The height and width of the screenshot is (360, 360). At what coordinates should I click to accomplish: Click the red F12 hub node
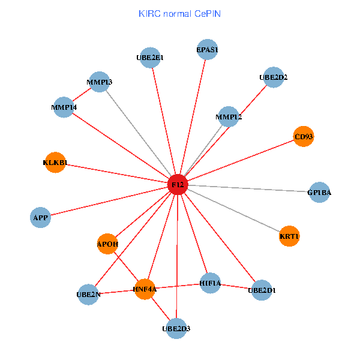pos(178,184)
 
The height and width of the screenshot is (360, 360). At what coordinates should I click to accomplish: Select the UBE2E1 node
pos(149,58)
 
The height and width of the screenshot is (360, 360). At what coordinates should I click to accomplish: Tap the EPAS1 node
pos(207,50)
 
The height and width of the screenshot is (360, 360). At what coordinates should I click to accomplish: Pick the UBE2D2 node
pos(274,77)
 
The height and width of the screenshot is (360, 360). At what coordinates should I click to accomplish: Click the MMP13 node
pos(99,82)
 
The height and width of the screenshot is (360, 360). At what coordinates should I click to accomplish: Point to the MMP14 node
pos(64,107)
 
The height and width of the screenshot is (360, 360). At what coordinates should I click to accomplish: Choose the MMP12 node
pos(229,116)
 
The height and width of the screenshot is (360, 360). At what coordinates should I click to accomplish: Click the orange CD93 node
pos(304,136)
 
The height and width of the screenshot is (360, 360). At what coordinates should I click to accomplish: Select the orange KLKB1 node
pos(55,163)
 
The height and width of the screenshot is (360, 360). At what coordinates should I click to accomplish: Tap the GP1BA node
pos(319,193)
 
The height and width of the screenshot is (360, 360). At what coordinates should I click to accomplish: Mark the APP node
pos(40,217)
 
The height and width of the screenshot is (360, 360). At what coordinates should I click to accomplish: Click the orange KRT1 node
pos(289,236)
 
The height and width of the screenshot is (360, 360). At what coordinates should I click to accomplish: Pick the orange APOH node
pos(107,244)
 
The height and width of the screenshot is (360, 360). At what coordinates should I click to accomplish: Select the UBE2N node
pos(88,295)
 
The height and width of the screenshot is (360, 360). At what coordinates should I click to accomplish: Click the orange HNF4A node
pos(145,289)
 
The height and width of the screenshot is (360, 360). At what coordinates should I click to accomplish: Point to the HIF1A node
pos(210,283)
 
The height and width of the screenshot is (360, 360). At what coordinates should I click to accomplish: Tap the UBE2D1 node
pos(262,290)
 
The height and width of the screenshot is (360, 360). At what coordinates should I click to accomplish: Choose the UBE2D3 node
pos(176,328)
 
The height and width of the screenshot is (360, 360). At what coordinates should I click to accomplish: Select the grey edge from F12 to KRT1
pos(234,211)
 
